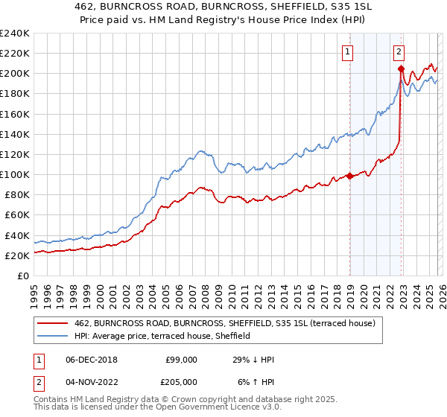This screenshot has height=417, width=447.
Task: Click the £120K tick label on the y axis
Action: tap(14, 154)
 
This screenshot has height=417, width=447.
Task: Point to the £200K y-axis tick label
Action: tap(14, 73)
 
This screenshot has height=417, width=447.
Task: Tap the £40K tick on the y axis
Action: tap(16, 235)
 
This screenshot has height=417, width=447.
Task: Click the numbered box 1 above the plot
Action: tap(348, 51)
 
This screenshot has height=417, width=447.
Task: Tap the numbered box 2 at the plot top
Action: tap(399, 51)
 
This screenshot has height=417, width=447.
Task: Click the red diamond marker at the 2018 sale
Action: tap(349, 176)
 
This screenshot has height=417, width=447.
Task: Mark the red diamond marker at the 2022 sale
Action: tap(401, 69)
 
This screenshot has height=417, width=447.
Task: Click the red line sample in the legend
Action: tap(53, 322)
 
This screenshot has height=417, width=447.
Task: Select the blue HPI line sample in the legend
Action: tap(53, 336)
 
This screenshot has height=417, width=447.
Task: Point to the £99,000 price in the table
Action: tap(182, 360)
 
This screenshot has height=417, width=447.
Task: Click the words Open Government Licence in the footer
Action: tap(168, 410)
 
